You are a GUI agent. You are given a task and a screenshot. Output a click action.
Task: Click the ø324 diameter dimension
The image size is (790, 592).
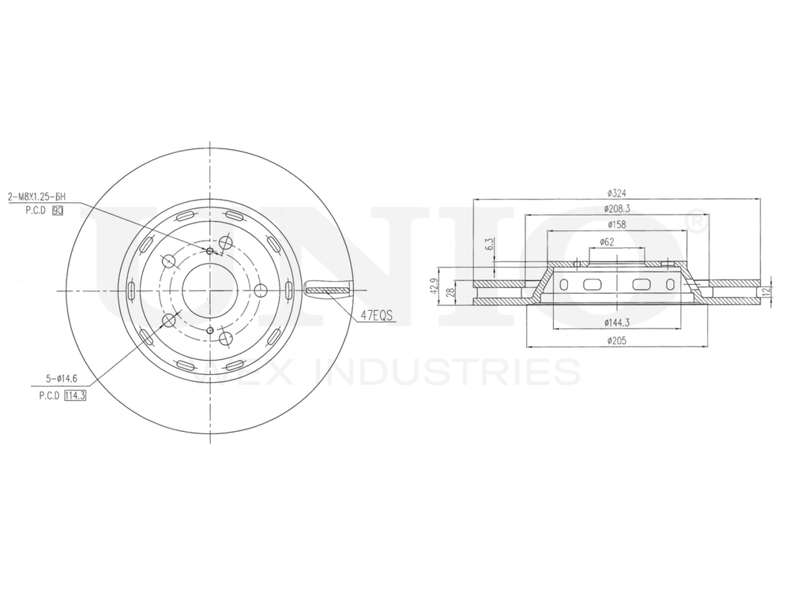616,193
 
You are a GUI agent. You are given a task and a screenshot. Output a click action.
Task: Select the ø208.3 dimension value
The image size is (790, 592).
617,209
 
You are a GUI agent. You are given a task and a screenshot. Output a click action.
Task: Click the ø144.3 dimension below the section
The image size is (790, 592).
617,323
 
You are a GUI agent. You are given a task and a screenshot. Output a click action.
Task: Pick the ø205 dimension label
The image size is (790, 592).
617,340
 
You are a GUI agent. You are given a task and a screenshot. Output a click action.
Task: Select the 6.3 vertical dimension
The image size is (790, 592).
490,244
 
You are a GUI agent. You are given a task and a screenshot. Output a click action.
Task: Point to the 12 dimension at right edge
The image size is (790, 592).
765,291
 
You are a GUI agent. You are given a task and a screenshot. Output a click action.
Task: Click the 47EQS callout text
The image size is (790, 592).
377,317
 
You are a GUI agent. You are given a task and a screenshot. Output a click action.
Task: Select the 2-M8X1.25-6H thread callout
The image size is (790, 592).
36,197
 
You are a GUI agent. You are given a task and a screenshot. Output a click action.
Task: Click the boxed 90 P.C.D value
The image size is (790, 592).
57,212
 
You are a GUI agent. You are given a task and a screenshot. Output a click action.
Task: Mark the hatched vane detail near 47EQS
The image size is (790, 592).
326,290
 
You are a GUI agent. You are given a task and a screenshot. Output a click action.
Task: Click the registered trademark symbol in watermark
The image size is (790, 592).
697,222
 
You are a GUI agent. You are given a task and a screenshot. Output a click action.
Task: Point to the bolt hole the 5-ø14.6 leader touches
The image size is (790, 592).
168,320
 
